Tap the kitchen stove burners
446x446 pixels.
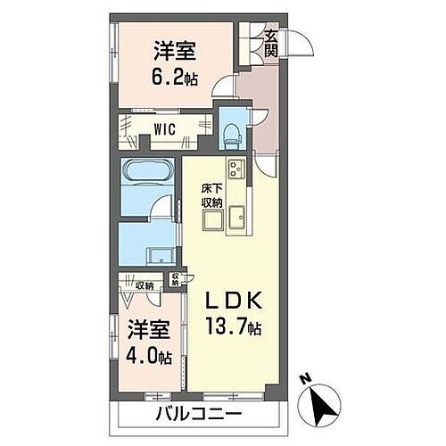pyautogui.click(x=236, y=169)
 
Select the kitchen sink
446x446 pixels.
pyautogui.click(x=238, y=217)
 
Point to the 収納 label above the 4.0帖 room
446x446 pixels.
pyautogui.click(x=144, y=285)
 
